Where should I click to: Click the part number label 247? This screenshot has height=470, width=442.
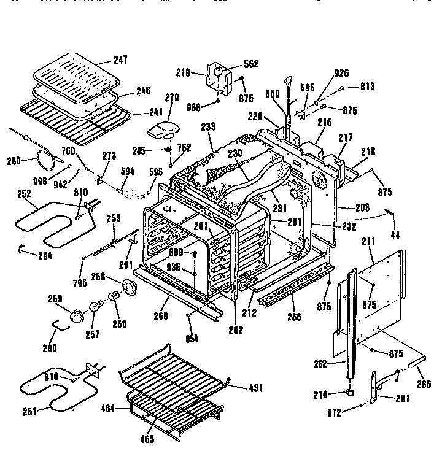coord(120,61)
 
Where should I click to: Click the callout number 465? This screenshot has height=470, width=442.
coord(148,439)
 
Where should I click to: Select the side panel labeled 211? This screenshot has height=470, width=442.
coord(374,301)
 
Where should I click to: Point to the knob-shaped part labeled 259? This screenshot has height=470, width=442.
coord(77,315)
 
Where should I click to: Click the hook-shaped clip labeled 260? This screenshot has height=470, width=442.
coord(60,331)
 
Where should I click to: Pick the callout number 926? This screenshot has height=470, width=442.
coord(341,73)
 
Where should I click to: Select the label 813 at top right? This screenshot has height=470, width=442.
coord(368,87)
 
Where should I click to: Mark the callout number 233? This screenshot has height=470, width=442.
coord(209,126)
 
